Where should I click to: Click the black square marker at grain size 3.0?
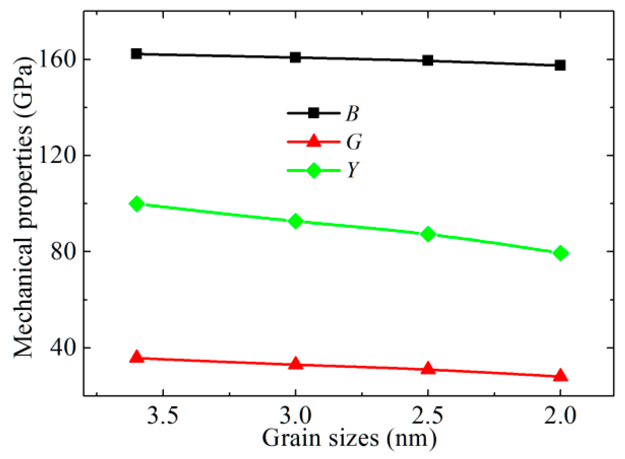pyautogui.click(x=295, y=57)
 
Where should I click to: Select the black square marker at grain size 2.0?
pyautogui.click(x=560, y=66)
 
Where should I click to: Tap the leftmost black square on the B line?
pyautogui.click(x=137, y=54)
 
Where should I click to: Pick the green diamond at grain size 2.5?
pyautogui.click(x=428, y=234)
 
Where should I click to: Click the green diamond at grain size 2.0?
pyautogui.click(x=561, y=253)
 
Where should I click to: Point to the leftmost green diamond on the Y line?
pyautogui.click(x=137, y=204)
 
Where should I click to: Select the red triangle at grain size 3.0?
pyautogui.click(x=295, y=363)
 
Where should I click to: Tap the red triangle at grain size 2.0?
pyautogui.click(x=561, y=375)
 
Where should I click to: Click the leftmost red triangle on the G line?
pyautogui.click(x=137, y=357)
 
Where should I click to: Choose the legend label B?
pyautogui.click(x=352, y=114)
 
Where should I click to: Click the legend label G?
pyautogui.click(x=353, y=142)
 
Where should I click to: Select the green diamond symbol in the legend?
pyautogui.click(x=314, y=170)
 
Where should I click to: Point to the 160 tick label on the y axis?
pyautogui.click(x=55, y=60)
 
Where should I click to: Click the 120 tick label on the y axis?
pyautogui.click(x=55, y=156)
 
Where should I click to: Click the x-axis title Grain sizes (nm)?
pyautogui.click(x=349, y=439)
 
